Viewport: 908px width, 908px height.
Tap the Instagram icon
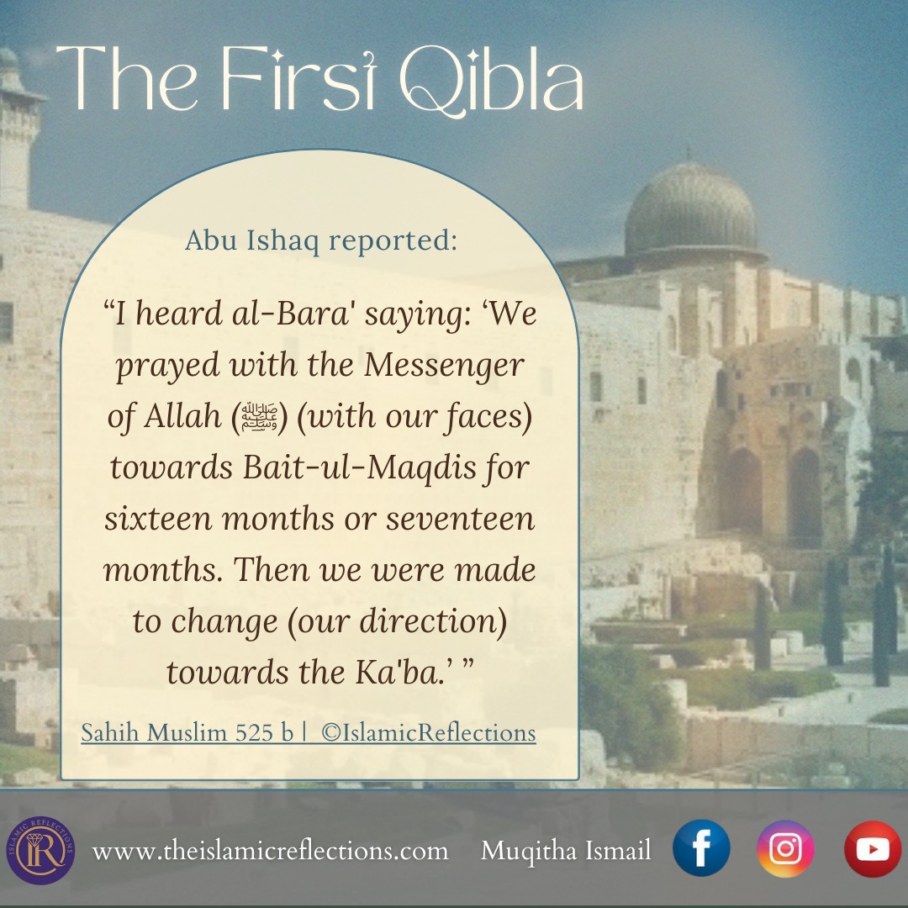[785, 848]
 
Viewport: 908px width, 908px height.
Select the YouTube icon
[873, 849]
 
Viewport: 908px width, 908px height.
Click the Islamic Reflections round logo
[40, 850]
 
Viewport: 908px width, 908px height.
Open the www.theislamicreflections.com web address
[270, 851]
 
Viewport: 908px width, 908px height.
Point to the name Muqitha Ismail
[566, 851]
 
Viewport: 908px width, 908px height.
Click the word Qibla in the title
[492, 80]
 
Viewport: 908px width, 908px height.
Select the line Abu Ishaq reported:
[321, 240]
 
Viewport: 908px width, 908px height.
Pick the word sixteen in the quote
[158, 518]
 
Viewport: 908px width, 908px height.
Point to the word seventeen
[461, 518]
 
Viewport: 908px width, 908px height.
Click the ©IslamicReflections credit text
[429, 733]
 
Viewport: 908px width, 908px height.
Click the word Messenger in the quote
[444, 366]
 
